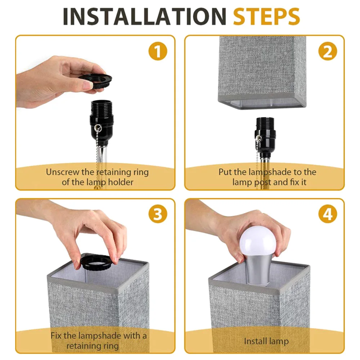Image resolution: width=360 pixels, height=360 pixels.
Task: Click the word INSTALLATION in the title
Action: tap(144, 16)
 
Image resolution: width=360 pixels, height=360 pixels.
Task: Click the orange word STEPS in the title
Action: tap(266, 16)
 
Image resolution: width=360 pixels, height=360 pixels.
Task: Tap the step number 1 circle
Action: tap(158, 51)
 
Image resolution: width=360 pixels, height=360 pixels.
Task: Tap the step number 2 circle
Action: tap(328, 51)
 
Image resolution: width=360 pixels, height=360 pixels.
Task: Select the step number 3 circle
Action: tap(158, 214)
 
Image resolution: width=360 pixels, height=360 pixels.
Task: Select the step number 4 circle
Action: tap(328, 214)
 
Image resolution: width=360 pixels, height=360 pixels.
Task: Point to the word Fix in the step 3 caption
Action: tap(56, 336)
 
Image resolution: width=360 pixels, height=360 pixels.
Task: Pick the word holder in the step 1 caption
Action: tap(121, 182)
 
